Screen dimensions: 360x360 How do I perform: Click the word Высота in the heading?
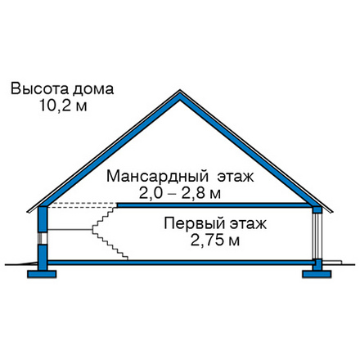[x=38, y=89]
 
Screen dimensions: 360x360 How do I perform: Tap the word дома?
[x=93, y=90]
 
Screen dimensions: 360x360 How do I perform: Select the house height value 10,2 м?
[x=63, y=106]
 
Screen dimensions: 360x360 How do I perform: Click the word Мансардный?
[x=157, y=177]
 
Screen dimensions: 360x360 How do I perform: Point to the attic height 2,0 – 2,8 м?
[x=180, y=193]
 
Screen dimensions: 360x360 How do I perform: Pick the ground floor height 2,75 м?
[x=215, y=241]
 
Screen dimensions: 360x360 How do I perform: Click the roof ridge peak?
[x=180, y=90]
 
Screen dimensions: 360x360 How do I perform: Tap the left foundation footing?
[x=42, y=274]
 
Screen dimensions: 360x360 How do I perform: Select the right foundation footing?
[x=317, y=274]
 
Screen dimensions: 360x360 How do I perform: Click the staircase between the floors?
[x=110, y=232]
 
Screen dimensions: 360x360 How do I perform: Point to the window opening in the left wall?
[x=43, y=238]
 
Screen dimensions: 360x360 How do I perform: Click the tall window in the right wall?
[x=317, y=236]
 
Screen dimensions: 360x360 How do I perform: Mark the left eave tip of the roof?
[x=27, y=211]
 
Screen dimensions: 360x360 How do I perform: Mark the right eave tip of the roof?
[x=333, y=212]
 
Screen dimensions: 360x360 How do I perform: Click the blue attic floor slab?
[x=214, y=205]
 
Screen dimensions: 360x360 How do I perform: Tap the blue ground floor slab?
[x=180, y=263]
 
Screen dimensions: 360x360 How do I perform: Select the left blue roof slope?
[x=109, y=150]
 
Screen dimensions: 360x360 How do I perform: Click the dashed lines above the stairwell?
[x=83, y=205]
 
